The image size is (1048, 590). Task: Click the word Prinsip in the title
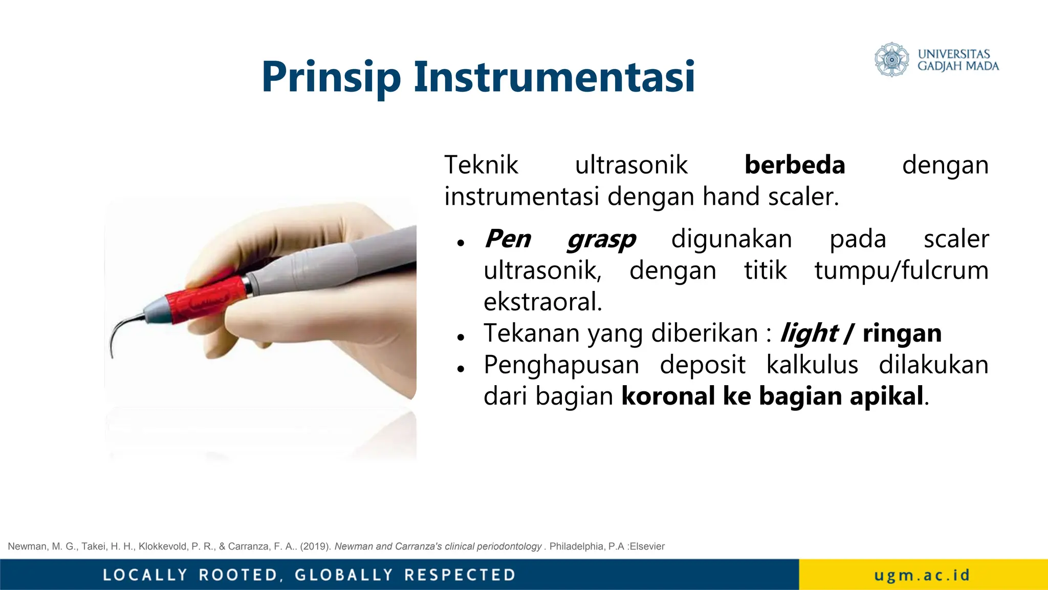pos(331,78)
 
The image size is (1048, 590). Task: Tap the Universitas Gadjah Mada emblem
pos(891,60)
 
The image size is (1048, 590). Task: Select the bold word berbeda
pos(794,165)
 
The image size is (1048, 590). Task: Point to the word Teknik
pos(481,165)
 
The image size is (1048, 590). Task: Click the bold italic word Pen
pos(508,239)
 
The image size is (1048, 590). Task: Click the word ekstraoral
pos(542,302)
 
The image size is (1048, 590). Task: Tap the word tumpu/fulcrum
pos(901,270)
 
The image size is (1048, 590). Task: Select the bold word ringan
pos(902,334)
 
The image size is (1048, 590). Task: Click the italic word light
pos(809,334)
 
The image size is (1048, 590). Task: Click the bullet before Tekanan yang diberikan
pos(461,337)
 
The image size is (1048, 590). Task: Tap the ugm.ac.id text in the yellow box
pos(922,575)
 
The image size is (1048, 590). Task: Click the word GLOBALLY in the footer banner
pos(344,575)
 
